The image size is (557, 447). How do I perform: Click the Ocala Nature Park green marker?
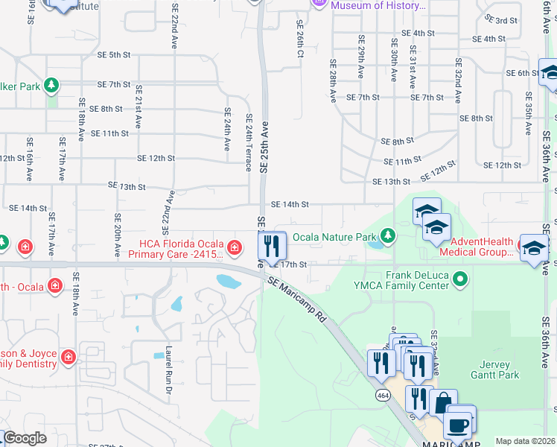(x=388, y=237)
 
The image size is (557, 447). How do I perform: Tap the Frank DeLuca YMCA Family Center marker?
(x=461, y=279)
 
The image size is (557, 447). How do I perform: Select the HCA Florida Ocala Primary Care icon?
(x=234, y=247)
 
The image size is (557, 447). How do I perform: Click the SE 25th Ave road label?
(x=264, y=148)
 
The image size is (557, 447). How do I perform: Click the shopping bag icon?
(x=443, y=403)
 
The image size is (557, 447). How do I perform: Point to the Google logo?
(x=24, y=438)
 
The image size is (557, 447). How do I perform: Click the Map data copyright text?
(x=525, y=441)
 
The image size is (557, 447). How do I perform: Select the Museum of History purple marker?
(x=320, y=4)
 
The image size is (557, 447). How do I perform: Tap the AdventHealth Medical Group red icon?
(x=524, y=247)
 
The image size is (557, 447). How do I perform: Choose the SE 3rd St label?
(x=500, y=20)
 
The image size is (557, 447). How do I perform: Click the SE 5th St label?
(x=109, y=55)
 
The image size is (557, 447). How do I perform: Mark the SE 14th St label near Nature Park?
(x=289, y=204)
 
